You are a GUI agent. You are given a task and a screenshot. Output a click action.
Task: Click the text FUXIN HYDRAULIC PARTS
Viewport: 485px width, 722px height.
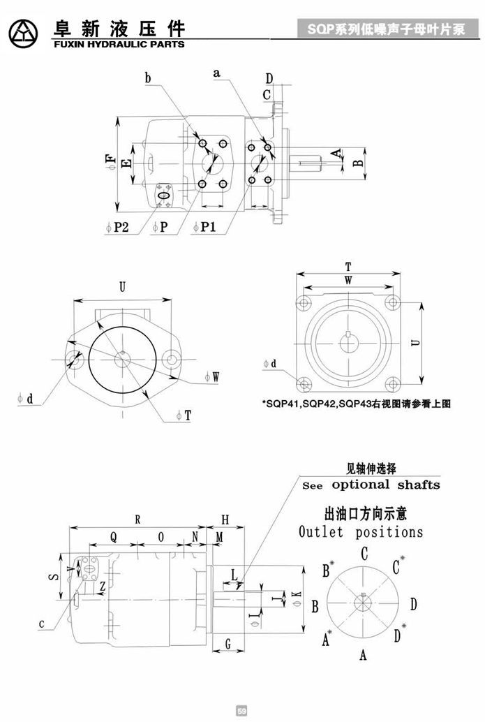[x=118, y=44]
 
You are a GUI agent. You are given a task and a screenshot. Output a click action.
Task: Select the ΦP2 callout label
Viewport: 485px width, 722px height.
[x=118, y=227]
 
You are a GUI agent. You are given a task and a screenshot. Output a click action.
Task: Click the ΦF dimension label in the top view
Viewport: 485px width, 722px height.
[x=111, y=162]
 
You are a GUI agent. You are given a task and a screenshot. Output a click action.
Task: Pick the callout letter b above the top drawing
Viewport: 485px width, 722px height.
[x=148, y=79]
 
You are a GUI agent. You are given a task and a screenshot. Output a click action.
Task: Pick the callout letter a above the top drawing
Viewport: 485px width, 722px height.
[x=217, y=72]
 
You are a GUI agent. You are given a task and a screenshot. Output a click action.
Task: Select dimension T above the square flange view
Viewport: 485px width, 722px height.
[x=348, y=267]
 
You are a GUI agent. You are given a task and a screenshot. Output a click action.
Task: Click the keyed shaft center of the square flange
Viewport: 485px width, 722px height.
[x=348, y=342]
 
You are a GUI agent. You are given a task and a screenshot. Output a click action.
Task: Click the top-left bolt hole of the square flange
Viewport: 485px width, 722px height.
[x=304, y=303]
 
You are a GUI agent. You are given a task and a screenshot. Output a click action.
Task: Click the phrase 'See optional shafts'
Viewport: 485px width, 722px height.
[x=371, y=485]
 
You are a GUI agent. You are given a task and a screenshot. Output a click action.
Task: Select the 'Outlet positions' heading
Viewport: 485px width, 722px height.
[x=361, y=533]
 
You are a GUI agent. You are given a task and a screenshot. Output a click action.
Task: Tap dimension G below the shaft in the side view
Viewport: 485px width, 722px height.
[x=228, y=644]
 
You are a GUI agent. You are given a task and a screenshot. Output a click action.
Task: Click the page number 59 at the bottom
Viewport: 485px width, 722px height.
[x=242, y=712]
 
